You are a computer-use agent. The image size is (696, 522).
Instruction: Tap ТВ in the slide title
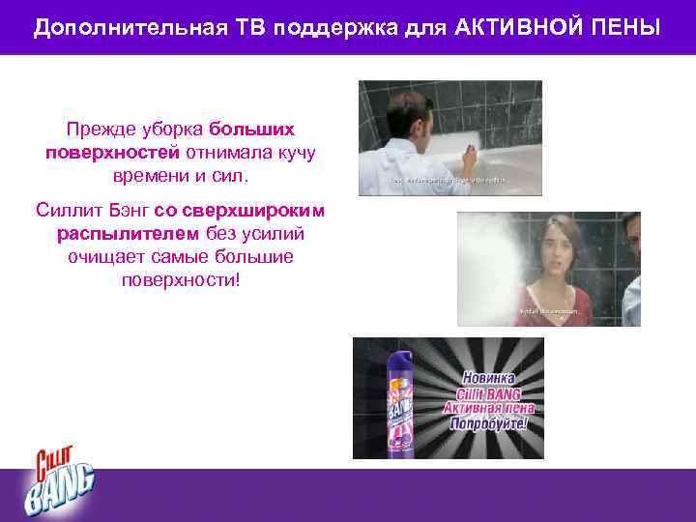pos(247,26)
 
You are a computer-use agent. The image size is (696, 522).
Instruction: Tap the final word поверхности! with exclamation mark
pos(180,282)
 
